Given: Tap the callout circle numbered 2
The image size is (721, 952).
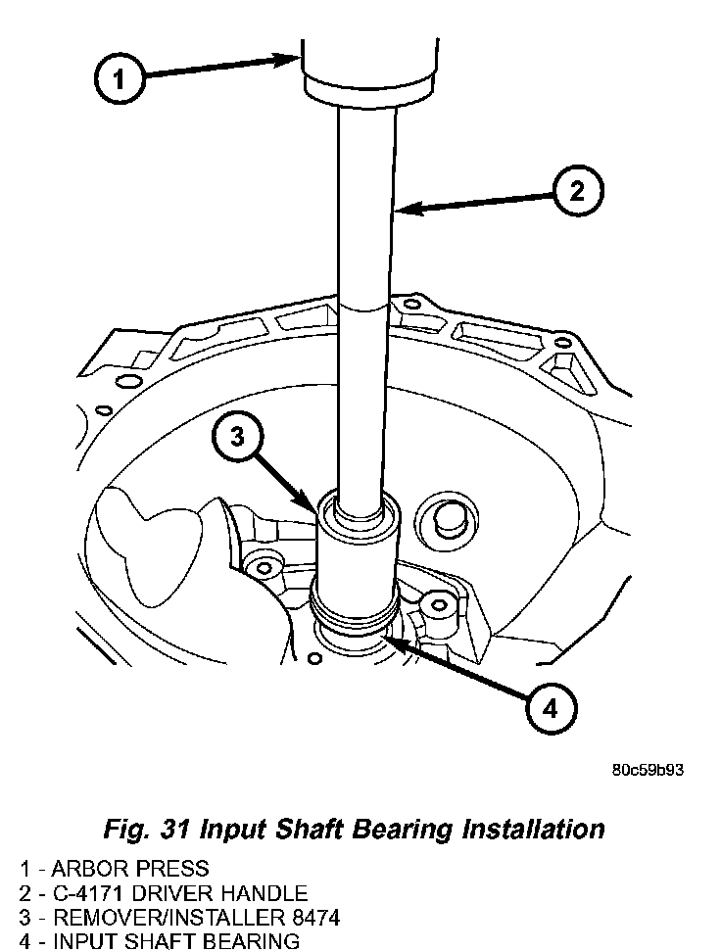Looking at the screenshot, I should click(x=576, y=192).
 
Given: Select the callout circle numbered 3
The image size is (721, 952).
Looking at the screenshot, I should click(x=237, y=438).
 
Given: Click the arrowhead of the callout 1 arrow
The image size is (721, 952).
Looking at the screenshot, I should click(x=298, y=59).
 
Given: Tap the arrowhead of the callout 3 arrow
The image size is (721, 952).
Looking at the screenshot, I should click(x=315, y=511).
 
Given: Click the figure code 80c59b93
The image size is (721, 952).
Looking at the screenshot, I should click(x=647, y=769).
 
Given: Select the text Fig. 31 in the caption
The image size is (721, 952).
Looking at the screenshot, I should click(x=145, y=829).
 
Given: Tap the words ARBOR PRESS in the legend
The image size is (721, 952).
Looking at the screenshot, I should click(x=130, y=869).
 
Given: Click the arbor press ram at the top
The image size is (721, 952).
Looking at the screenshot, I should click(x=367, y=64).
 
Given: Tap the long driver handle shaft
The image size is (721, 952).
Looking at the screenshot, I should click(x=367, y=294).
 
